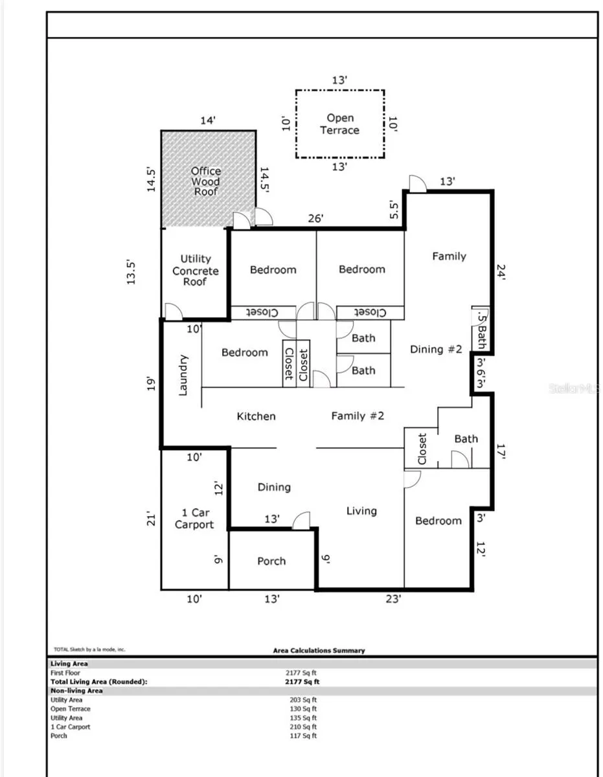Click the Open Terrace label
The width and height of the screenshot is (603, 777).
pos(339,124)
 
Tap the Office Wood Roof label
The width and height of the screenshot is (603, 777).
pos(206,181)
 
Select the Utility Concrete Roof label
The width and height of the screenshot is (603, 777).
pos(195,270)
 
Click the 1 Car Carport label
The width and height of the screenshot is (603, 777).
pos(194,519)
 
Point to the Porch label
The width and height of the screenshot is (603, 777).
pos(271,561)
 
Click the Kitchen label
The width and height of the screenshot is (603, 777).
pos(256,416)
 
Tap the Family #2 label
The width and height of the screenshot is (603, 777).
pos(358,416)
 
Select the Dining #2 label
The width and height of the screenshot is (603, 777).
pos(436,349)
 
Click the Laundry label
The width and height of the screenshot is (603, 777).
pos(183,375)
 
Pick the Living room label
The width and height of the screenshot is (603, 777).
pos(361,511)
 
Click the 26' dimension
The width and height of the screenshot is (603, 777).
pos(315,218)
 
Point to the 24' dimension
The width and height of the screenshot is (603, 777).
pos(501,272)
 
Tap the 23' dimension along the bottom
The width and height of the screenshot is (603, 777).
pos(393,598)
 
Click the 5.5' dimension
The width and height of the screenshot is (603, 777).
pos(393,210)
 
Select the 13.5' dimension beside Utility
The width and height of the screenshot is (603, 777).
pos(131,272)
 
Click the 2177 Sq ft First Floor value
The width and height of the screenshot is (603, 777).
pos(301,673)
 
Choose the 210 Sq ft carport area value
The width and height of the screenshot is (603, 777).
pos(303,726)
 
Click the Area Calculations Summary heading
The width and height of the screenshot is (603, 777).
pos(319,651)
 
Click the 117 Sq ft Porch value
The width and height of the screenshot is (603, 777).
pos(303,736)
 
